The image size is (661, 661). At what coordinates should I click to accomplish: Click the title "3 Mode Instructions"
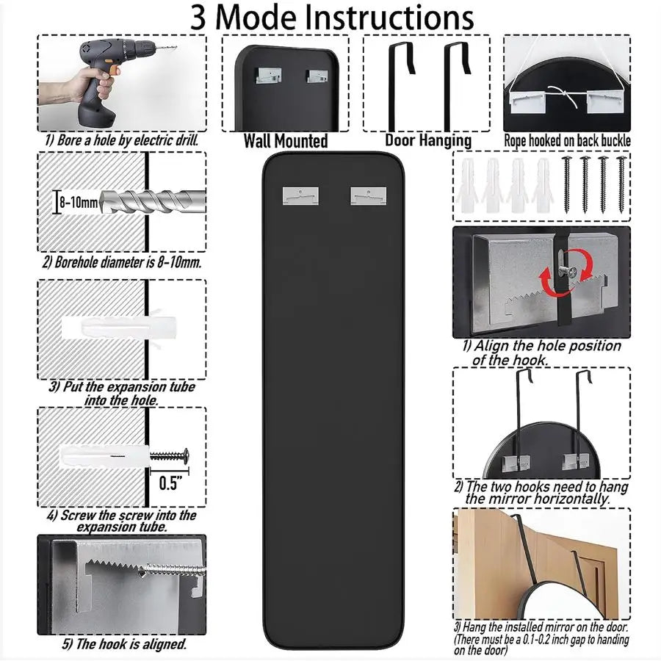point(332,18)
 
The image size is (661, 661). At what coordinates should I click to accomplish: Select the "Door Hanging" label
point(428,140)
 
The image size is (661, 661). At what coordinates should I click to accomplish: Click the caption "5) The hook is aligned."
point(123,645)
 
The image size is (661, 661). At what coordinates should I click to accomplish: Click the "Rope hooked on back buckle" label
point(567,140)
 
